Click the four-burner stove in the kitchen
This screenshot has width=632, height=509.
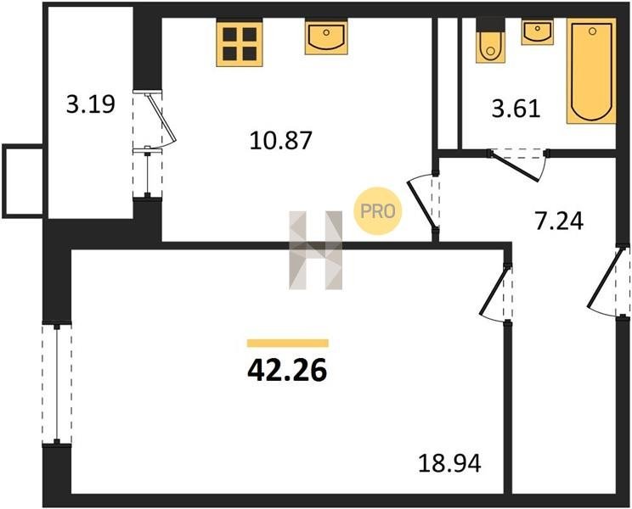tap(240, 44)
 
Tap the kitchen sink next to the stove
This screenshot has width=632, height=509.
tap(326, 38)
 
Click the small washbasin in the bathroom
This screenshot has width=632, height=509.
tap(537, 32)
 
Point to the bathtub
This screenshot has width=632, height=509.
tap(591, 70)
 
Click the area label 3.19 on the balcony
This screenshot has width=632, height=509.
tap(91, 104)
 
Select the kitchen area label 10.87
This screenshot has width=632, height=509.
tap(281, 141)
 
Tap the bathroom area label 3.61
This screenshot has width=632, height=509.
tap(516, 109)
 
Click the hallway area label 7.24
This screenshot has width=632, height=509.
tap(559, 221)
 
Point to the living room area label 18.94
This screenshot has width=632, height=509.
tap(450, 463)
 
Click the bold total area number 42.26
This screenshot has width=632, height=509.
tap(287, 371)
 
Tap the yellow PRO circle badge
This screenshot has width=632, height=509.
tap(378, 211)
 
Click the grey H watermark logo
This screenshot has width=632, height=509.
tap(316, 250)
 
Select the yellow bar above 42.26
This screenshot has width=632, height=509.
tap(288, 344)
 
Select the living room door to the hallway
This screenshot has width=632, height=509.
tap(495, 294)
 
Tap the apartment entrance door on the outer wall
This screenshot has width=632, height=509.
tap(608, 281)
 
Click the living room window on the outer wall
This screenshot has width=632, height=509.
tap(57, 383)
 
